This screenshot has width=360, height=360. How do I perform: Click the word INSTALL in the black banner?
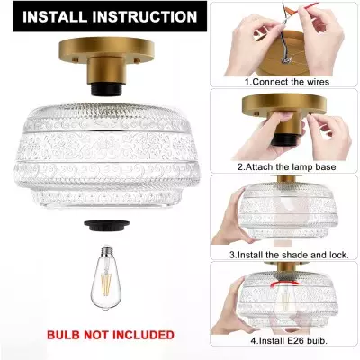click(x=56, y=16)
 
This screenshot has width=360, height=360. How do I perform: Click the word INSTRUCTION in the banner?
click(x=145, y=16)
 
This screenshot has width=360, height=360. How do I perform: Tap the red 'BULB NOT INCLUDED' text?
click(x=111, y=335)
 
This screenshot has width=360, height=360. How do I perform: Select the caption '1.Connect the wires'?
click(x=287, y=82)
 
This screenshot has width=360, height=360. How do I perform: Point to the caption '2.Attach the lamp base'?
click(x=287, y=166)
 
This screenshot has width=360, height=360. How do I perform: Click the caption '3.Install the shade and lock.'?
click(x=289, y=255)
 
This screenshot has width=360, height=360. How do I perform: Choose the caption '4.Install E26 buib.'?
click(x=289, y=341)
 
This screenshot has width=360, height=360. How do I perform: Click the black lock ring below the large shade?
click(x=107, y=225)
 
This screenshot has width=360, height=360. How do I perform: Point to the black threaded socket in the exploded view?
click(x=106, y=89)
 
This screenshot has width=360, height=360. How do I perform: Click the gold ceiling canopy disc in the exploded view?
click(x=106, y=49)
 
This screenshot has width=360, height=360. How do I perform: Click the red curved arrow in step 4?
click(x=285, y=283)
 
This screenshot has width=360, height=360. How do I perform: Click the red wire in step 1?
click(x=304, y=7)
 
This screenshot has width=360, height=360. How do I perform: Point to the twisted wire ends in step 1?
click(x=284, y=60)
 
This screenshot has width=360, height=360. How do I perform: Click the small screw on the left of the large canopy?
click(x=75, y=60)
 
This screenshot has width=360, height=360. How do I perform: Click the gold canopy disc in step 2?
click(x=283, y=105)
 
